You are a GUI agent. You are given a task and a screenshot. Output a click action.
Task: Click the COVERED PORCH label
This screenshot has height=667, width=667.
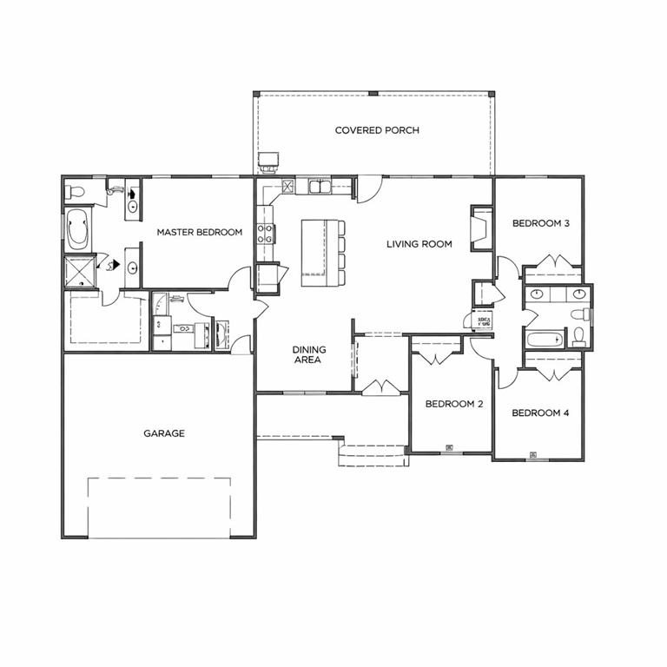pos(377,130)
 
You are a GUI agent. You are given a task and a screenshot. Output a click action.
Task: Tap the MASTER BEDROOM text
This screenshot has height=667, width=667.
pos(199,232)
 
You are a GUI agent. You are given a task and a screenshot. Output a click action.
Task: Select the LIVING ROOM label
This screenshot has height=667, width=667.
pos(419,244)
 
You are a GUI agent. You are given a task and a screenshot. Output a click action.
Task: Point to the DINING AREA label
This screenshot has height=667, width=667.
pos(308,354)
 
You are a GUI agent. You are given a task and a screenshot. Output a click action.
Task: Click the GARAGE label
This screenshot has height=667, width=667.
pos(163,433)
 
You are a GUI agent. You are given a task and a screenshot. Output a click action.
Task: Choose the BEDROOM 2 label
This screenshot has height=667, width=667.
pos(453,404)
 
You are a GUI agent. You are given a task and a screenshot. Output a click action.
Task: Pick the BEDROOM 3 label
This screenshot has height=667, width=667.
pos(540,223)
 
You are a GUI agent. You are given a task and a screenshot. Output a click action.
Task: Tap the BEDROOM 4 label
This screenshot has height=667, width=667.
pos(540,413)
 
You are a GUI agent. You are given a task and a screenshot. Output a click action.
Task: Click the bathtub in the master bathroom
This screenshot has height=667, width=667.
pos(77,230)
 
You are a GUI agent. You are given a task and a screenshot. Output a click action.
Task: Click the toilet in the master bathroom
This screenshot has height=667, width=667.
pos(76,192)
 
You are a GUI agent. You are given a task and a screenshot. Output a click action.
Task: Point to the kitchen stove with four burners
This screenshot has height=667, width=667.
pos(265,233)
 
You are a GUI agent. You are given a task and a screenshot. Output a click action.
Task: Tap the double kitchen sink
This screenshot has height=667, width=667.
pos(318,187)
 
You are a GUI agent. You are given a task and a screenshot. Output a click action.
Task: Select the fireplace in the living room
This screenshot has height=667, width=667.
pos(480,228)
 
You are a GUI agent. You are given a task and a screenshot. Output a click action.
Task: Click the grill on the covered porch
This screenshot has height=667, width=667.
pos(269,162)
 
